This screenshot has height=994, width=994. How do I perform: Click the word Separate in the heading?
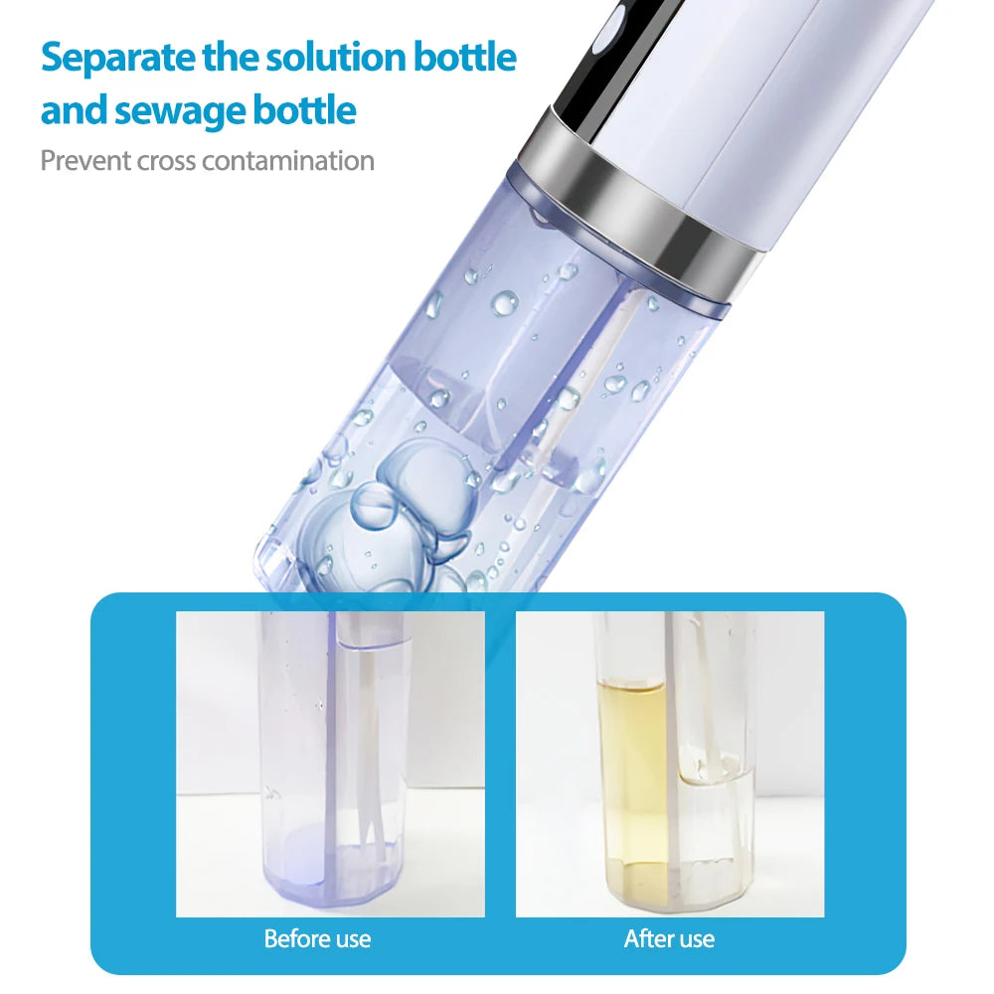pos(118,59)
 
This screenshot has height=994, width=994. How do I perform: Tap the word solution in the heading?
pos(335,57)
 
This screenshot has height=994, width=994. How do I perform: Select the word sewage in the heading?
pos(180,111)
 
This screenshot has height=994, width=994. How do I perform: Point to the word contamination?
pos(288,161)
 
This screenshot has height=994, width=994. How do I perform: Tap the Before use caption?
pos(317,939)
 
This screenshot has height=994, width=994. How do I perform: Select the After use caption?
pos(669,939)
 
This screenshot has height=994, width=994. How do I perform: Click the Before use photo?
pos(330,763)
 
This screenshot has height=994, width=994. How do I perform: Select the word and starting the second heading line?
pos(74,110)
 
